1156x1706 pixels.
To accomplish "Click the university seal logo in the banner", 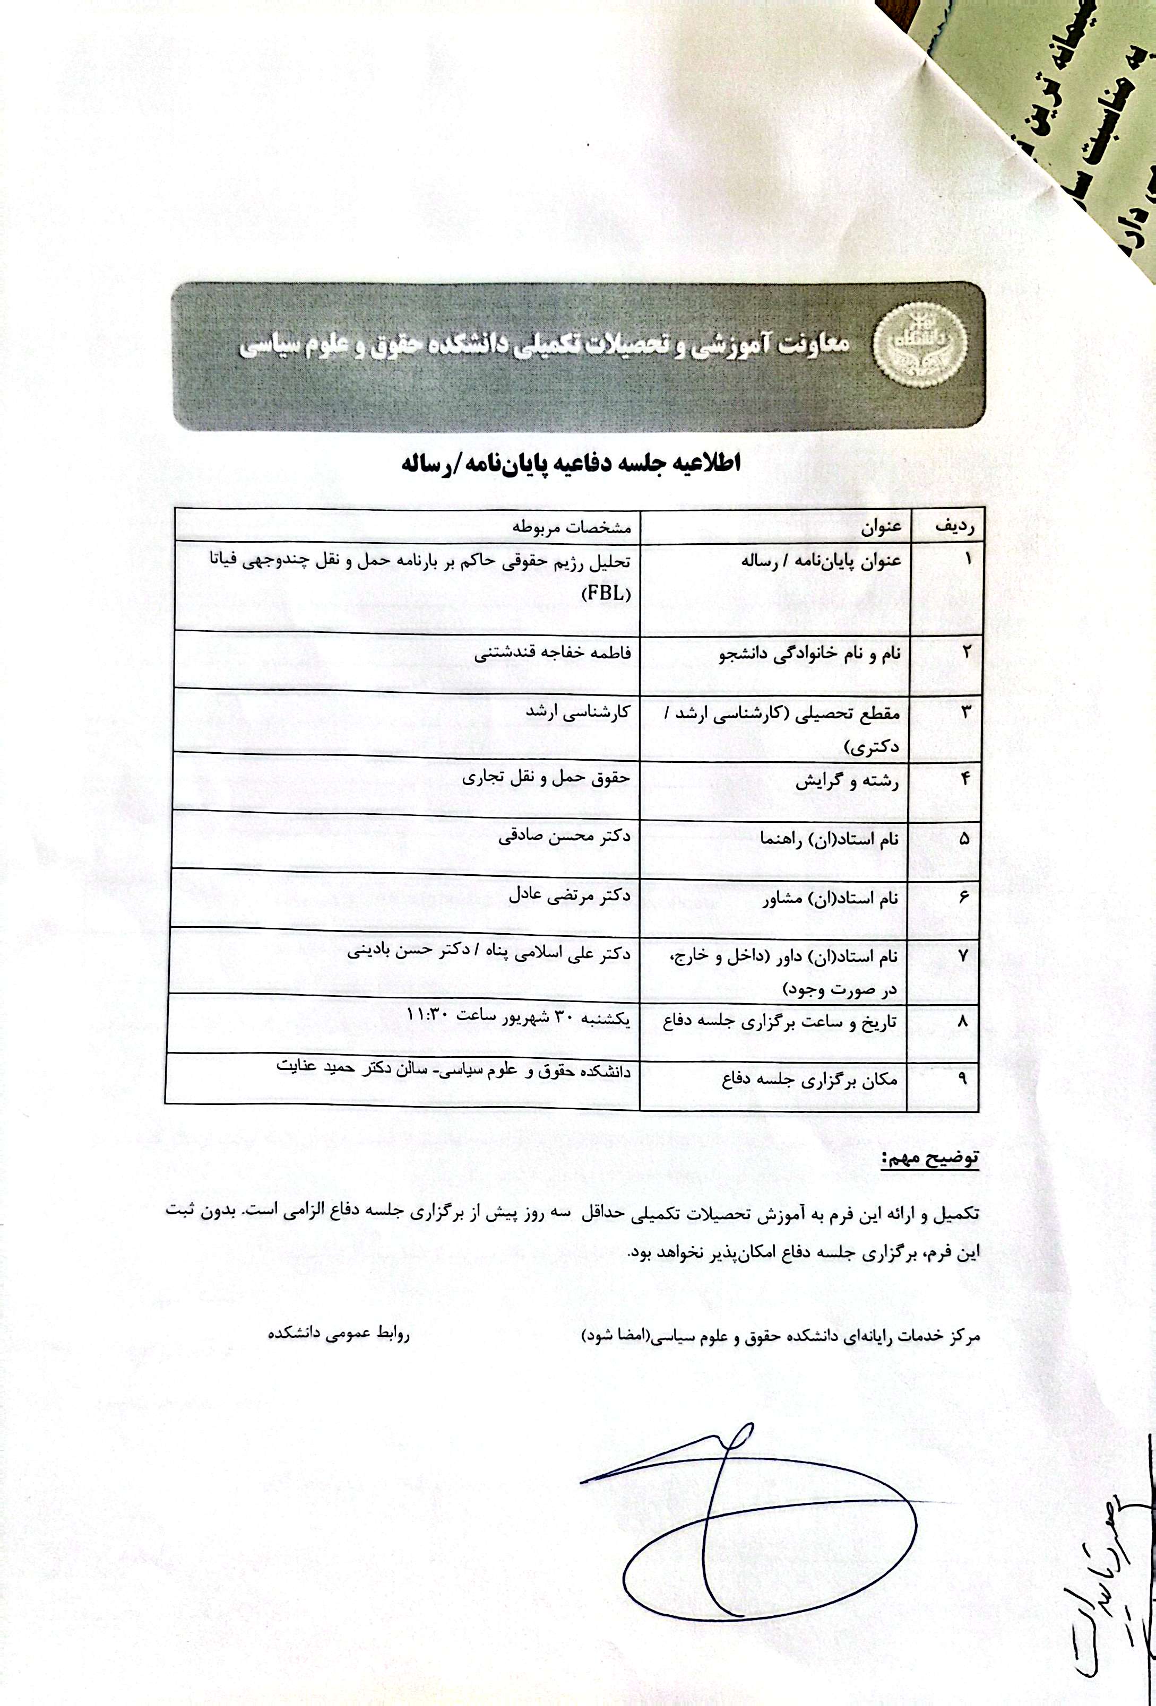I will (x=919, y=341).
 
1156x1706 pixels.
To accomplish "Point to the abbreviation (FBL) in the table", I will (x=606, y=594).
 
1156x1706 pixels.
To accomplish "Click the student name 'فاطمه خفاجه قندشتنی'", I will (x=551, y=652).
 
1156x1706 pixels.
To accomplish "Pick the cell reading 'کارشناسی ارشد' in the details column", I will (x=578, y=712).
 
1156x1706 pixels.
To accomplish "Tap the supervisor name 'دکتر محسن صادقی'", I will (x=564, y=836).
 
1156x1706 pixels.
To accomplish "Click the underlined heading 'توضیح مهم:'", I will (x=930, y=1160).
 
